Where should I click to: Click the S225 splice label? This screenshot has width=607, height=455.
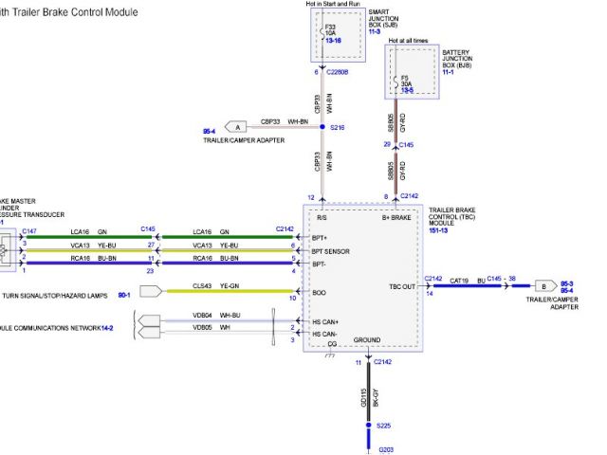382,426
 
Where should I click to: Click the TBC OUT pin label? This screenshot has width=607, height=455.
402,285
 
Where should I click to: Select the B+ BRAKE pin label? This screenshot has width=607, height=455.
397,217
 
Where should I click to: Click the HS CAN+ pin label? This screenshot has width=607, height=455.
325,321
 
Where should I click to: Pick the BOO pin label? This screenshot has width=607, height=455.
320,293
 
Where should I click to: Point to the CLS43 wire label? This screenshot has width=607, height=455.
202,285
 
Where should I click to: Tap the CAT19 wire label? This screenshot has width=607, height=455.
459,281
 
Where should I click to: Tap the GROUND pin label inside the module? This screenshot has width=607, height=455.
367,339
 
